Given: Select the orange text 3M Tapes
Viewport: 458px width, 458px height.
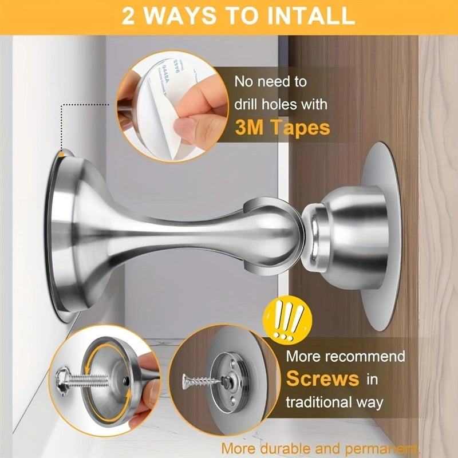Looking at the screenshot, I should pyautogui.click(x=282, y=128).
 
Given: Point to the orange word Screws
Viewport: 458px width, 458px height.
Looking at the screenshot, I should pyautogui.click(x=322, y=378).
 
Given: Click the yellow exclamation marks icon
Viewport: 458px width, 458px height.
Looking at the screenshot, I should pyautogui.click(x=287, y=318).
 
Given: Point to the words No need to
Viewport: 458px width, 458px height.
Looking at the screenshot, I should pyautogui.click(x=271, y=81).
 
